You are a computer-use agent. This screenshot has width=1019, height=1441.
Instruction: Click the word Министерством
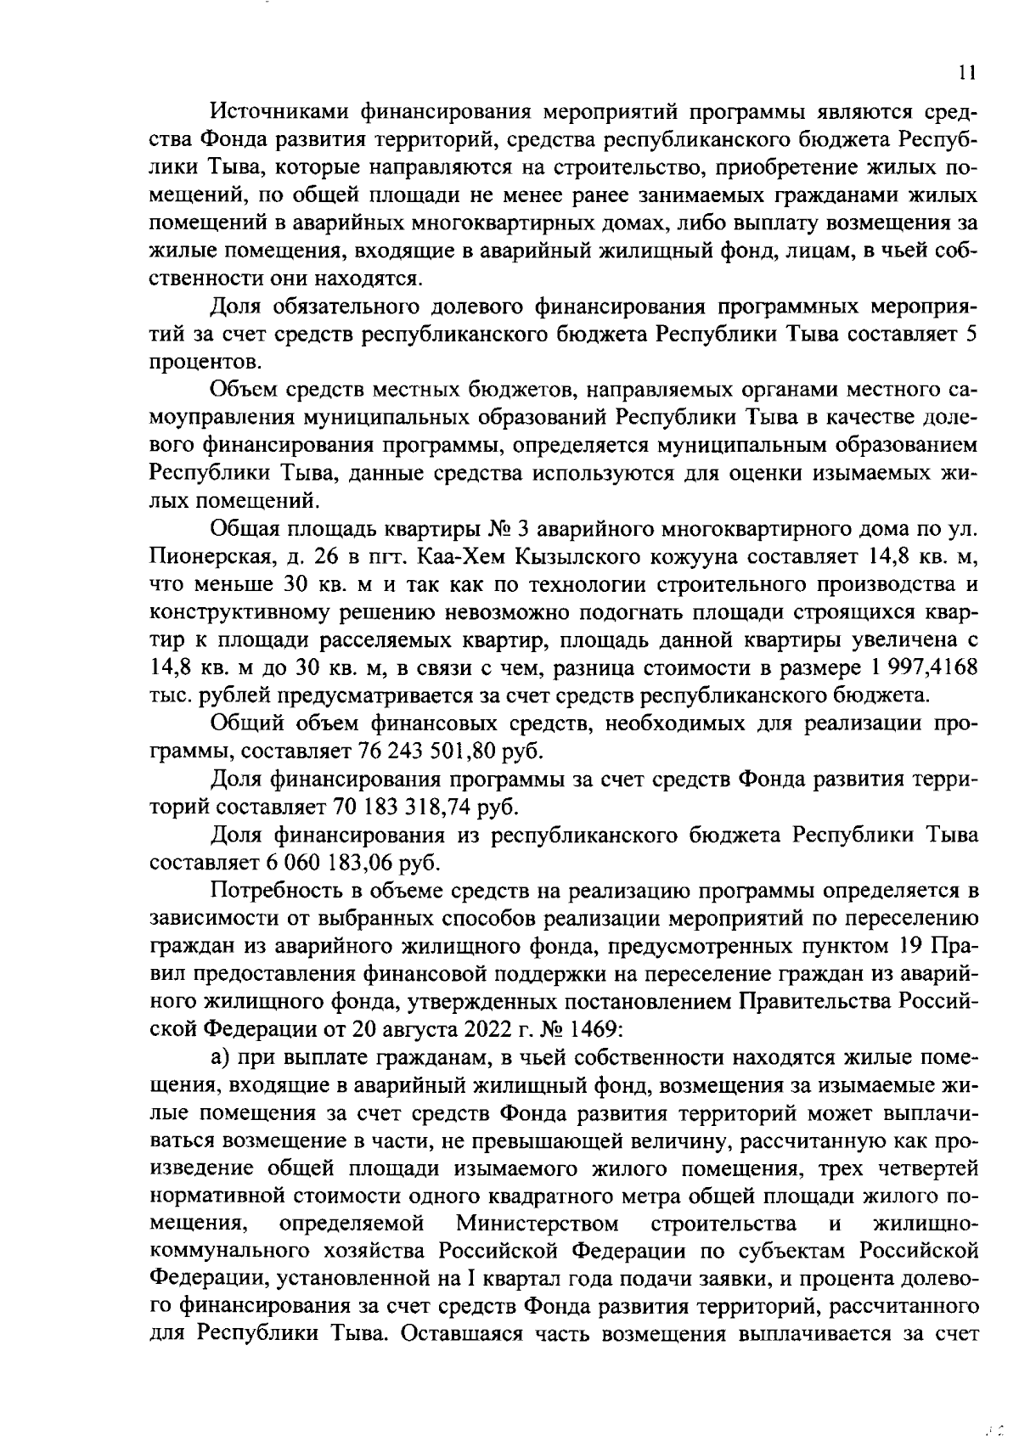[537, 1224]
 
